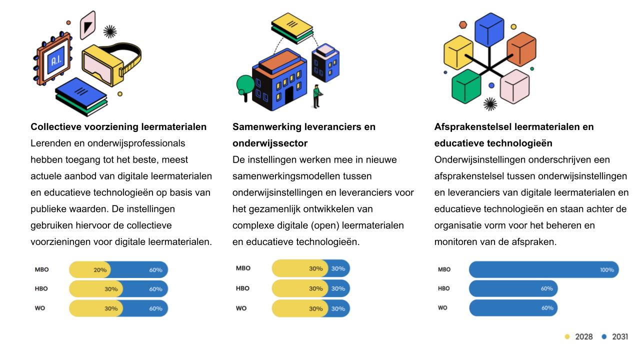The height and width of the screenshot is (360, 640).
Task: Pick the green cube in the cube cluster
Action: pyautogui.click(x=466, y=86)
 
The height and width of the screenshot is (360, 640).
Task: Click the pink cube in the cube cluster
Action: pyautogui.click(x=514, y=86)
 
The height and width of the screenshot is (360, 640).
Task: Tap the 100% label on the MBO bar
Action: pyautogui.click(x=606, y=270)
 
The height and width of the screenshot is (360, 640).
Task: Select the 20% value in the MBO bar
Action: pyautogui.click(x=100, y=270)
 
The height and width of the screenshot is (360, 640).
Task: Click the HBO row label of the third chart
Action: pyautogui.click(x=443, y=288)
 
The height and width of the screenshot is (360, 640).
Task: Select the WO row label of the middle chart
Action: pyautogui.click(x=241, y=308)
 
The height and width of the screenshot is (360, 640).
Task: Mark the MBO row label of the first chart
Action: pyautogui.click(x=41, y=269)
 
